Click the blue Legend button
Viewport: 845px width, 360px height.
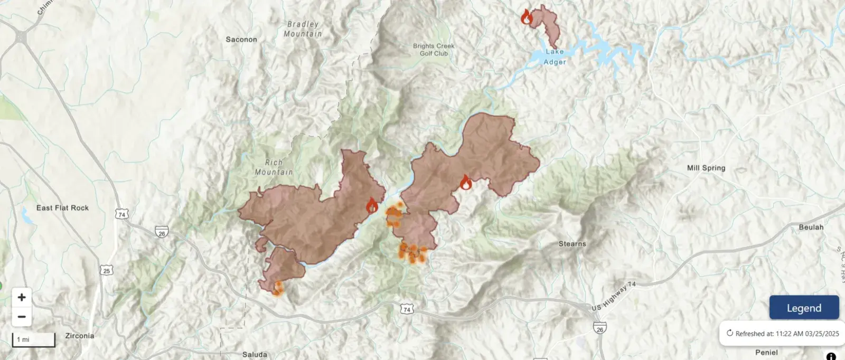[x=804, y=308]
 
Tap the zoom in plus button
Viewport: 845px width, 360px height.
[x=22, y=297]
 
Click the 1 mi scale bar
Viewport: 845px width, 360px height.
[x=33, y=339]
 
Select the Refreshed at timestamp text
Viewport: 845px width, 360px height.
[x=786, y=334]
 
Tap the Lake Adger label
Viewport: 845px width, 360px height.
[x=555, y=56]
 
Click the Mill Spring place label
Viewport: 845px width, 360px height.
[x=706, y=168]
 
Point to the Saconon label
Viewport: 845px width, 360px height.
[x=241, y=40]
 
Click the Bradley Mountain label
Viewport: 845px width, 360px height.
[x=303, y=29]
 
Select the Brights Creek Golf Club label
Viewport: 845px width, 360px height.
[x=434, y=50]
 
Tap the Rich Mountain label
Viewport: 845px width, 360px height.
[x=274, y=167]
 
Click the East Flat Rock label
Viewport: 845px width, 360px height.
[x=62, y=208]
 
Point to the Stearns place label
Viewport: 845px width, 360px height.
[x=572, y=244]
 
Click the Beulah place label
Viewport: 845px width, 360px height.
[x=811, y=228]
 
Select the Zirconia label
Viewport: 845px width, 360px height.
[x=80, y=336]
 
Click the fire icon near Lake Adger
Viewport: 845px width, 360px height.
[x=527, y=17]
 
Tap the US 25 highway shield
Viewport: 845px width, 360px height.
[x=107, y=271]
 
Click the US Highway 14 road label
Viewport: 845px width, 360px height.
[x=613, y=297]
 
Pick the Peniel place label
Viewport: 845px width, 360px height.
[x=766, y=353]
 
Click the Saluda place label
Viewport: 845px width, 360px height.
[x=255, y=355]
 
